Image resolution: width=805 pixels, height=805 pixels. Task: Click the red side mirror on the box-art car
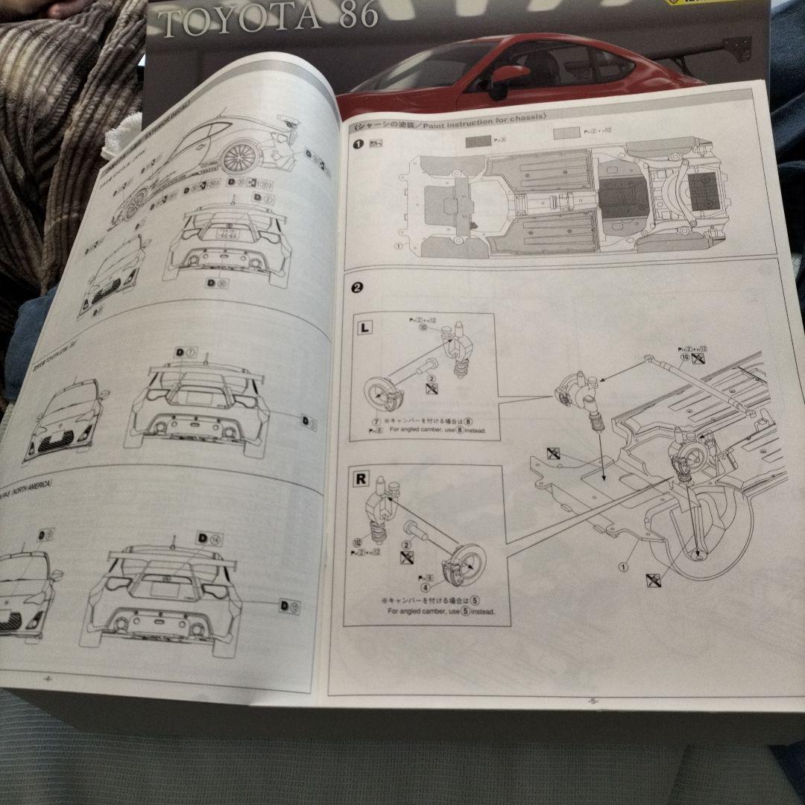[509, 75]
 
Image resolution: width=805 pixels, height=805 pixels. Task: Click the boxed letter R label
[361, 479]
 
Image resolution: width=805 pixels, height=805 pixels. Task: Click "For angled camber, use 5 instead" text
[441, 612]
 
